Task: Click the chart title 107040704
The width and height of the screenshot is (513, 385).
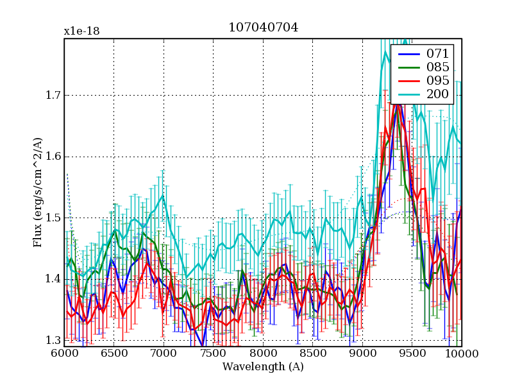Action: (x=263, y=28)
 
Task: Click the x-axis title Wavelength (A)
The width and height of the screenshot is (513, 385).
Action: (x=263, y=367)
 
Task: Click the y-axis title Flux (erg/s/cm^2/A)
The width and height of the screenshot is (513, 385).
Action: (x=38, y=193)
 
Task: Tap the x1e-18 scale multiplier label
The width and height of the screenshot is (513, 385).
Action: (x=81, y=31)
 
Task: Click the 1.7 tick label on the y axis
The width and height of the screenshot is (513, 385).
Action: (x=50, y=96)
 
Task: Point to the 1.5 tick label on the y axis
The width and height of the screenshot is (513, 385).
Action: (x=50, y=218)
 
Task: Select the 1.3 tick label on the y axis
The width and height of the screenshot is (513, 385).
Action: (x=50, y=340)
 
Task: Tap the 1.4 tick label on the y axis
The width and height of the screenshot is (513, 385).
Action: (x=50, y=279)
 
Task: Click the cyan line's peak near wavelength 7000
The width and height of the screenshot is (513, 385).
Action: (x=163, y=196)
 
